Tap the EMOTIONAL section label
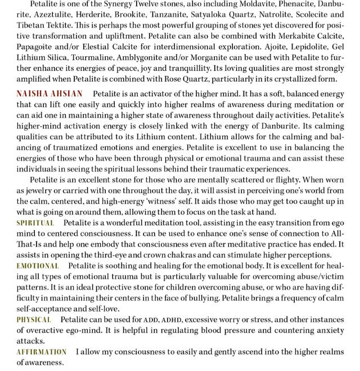(x=37, y=265)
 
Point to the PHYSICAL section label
(x=34, y=320)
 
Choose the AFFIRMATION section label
(x=41, y=352)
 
